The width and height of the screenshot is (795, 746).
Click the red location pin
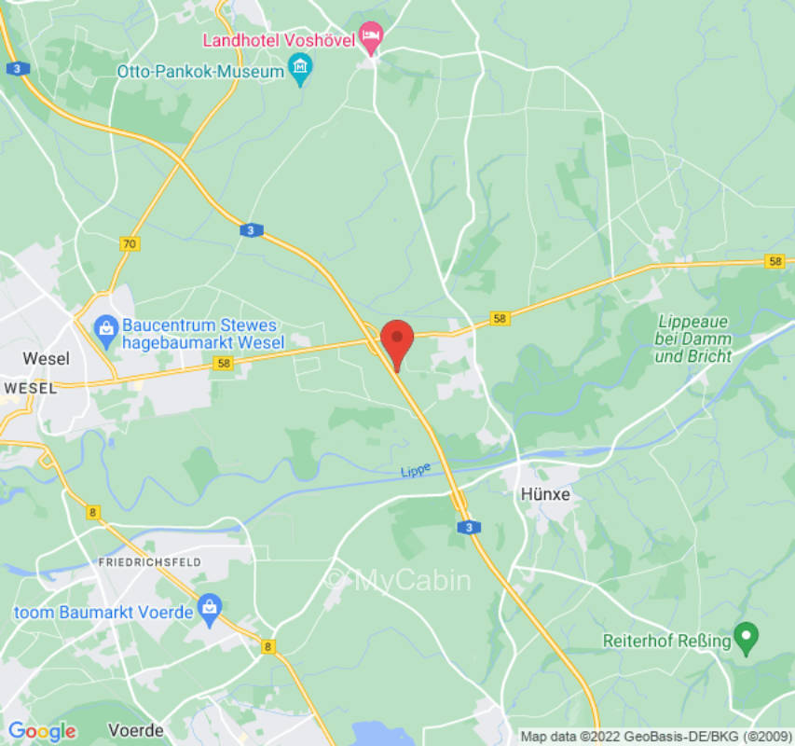pos(398,342)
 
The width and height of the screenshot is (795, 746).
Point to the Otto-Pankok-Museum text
pos(199,72)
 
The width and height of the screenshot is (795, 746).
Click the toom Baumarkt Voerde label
pos(103,613)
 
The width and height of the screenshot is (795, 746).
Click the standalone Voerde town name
pos(136,729)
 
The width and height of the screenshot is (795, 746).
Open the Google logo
pos(42,731)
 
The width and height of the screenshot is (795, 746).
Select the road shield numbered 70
pos(130,243)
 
